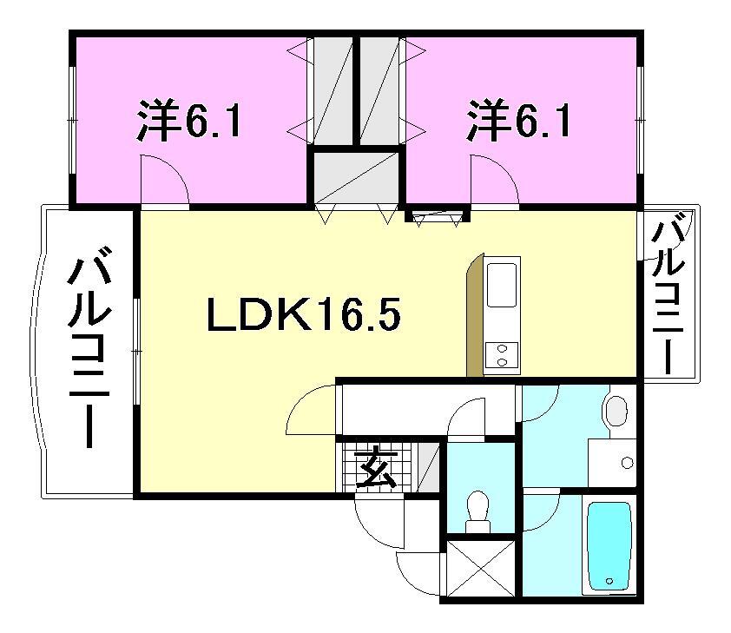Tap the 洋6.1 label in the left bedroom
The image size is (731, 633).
(x=188, y=122)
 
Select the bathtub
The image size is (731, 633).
(x=609, y=545)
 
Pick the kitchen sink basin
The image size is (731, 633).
(x=502, y=285)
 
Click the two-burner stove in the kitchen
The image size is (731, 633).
(x=502, y=356)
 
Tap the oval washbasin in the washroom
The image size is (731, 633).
(x=616, y=411)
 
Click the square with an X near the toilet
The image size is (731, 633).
(x=480, y=570)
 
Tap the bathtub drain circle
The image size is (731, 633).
(x=609, y=581)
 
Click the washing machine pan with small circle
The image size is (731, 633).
(x=613, y=463)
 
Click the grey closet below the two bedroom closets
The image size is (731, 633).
(x=357, y=177)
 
